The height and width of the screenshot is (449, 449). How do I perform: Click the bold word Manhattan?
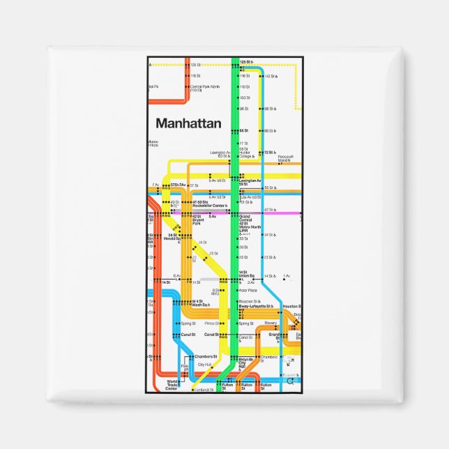[x=188, y=123]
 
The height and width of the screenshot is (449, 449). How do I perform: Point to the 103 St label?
[x=244, y=98]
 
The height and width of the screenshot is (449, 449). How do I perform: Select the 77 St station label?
[x=244, y=143]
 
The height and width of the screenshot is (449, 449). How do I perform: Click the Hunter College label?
[x=246, y=155]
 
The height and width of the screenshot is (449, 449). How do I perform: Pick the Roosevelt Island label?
[x=285, y=158]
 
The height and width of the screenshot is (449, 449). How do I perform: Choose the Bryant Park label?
[x=197, y=222]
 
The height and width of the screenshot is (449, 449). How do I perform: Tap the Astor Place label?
[x=248, y=290]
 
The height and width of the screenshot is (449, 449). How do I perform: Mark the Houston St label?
[x=292, y=306]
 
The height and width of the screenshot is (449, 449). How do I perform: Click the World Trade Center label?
[x=172, y=384]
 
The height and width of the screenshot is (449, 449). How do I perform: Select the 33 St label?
[x=243, y=238]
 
